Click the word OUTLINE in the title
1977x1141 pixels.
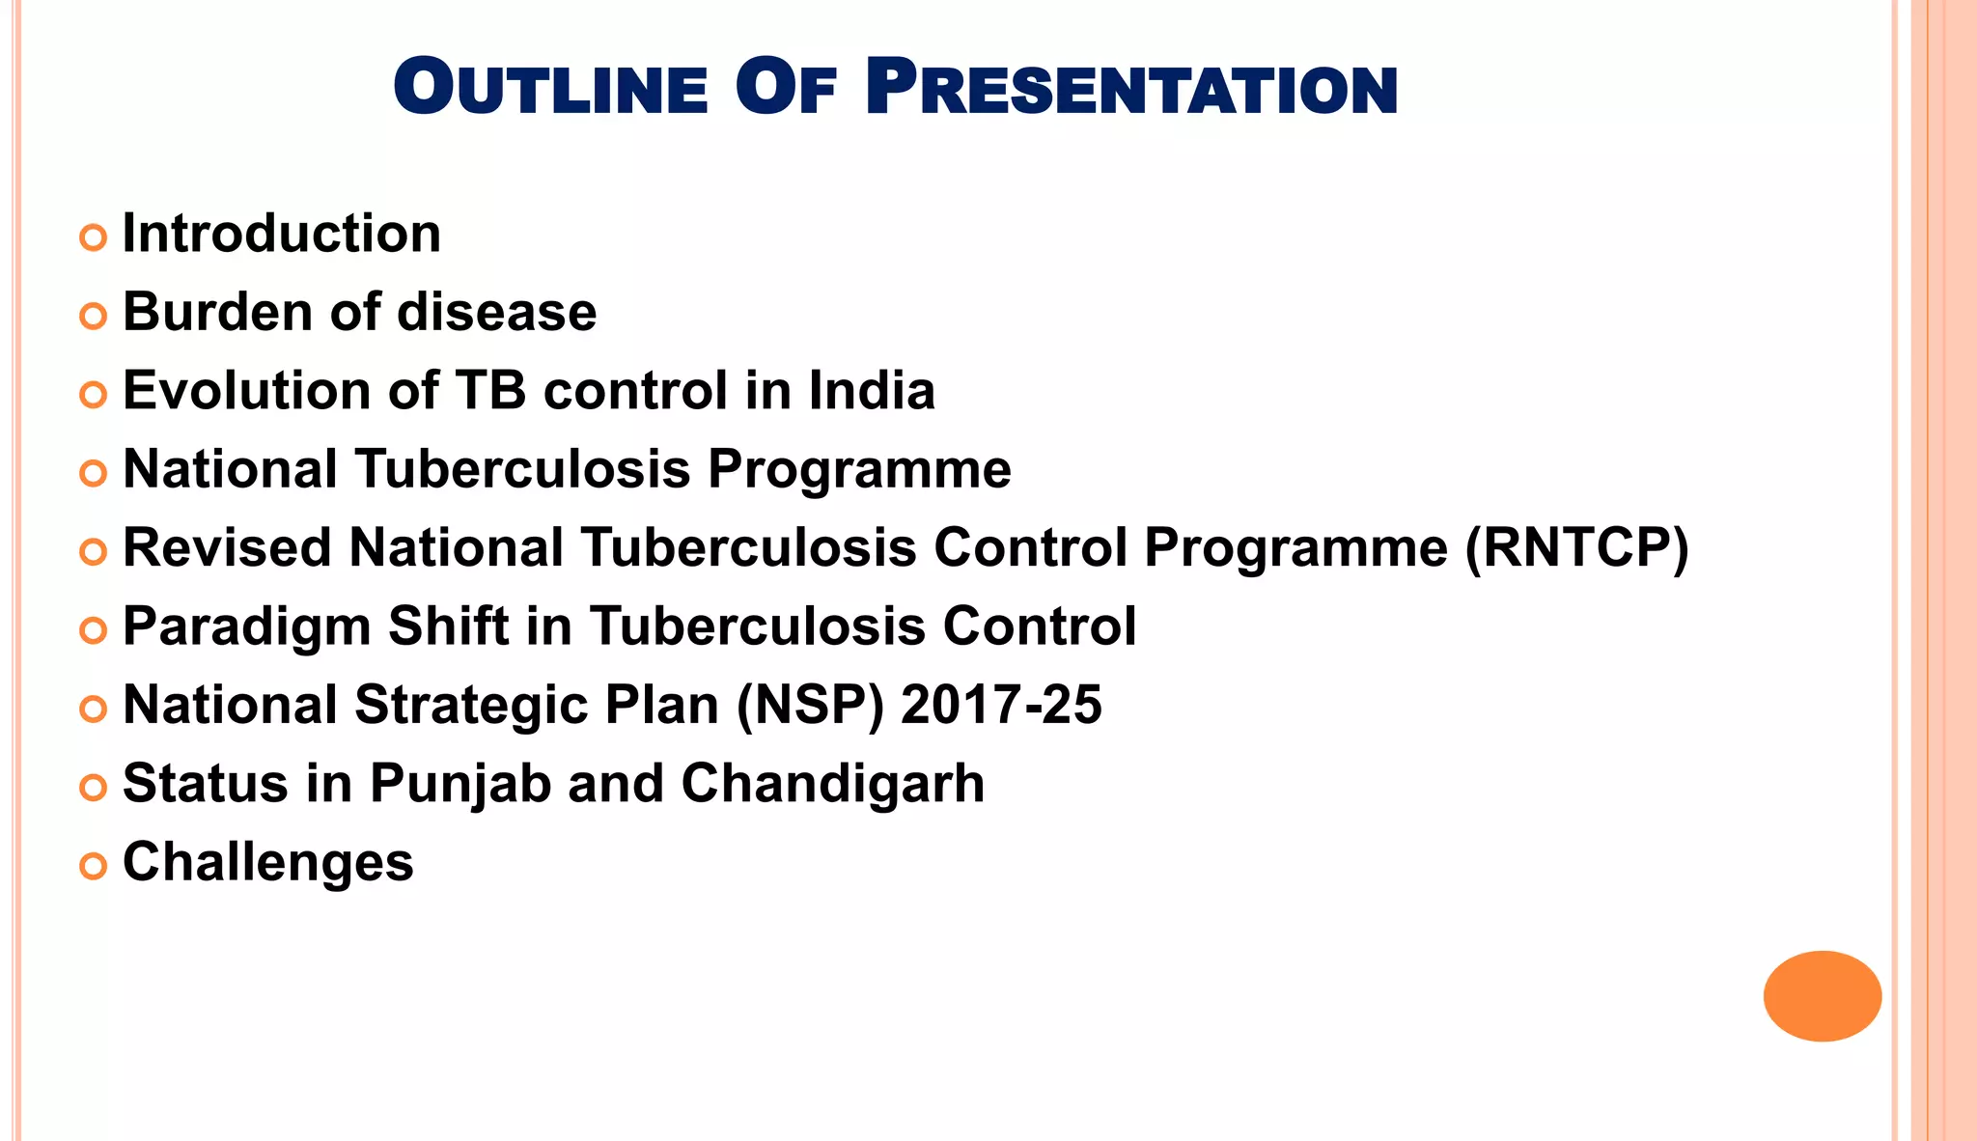550,89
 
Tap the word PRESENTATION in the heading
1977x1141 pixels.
1131,89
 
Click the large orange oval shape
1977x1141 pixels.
1822,995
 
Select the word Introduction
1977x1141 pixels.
281,235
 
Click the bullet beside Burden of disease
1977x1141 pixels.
93,315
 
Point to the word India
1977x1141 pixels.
871,391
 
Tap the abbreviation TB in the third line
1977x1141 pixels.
490,391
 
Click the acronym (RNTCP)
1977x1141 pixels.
1576,548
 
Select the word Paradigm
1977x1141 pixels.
246,627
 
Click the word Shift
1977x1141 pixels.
448,626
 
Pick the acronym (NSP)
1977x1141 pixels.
810,706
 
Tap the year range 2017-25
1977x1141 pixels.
1001,706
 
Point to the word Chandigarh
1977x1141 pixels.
832,784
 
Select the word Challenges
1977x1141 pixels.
267,863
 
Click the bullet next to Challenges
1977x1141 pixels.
93,866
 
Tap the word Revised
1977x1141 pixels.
227,548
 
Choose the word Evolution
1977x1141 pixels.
246,391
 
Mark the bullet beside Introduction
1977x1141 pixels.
93,237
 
